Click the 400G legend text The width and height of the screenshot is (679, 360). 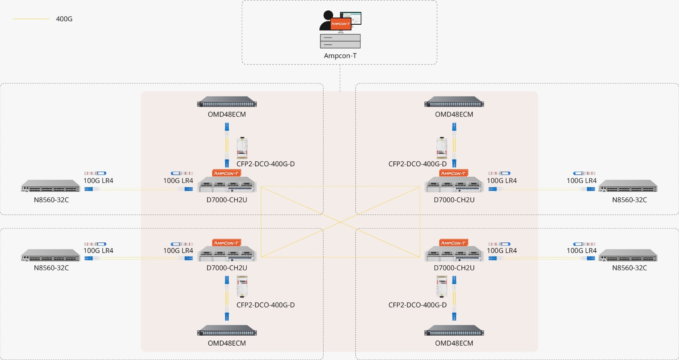pos(64,19)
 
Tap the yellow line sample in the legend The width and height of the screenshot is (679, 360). pos(31,19)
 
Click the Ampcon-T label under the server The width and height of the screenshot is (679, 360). pos(340,56)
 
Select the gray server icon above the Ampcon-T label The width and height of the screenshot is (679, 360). pos(340,41)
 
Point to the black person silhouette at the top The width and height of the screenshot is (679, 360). pos(327,21)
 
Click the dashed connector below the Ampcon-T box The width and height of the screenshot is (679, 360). pos(340,77)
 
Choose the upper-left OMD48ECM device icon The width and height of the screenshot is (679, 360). pos(227,102)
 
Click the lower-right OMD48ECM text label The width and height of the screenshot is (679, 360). pos(454,343)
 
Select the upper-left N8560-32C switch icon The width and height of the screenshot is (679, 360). pos(51,186)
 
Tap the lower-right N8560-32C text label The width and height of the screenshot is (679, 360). pos(629,268)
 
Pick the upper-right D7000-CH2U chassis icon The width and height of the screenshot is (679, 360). pos(454,185)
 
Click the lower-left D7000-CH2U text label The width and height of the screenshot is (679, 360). pos(227,268)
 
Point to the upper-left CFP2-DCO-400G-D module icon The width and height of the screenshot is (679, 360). pos(242,148)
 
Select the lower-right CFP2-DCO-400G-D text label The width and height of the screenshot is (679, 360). pos(417,305)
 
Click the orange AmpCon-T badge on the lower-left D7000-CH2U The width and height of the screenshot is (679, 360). pos(226,243)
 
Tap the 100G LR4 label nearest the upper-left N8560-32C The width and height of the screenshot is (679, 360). pos(98,181)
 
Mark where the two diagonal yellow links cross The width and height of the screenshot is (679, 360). pos(340,222)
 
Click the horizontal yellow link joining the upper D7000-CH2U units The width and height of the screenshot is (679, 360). pos(340,187)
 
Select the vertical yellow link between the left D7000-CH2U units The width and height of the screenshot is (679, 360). pos(261,222)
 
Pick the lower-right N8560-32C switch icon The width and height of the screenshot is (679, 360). pos(628,255)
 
